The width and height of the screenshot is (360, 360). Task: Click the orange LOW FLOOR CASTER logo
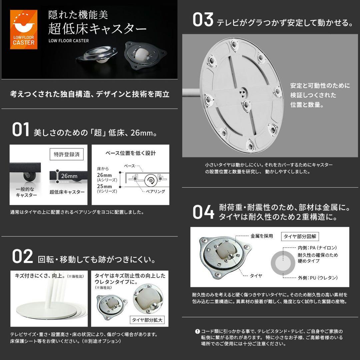24,29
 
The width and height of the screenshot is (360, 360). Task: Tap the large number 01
21,130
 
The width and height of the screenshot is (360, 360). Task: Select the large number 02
22,257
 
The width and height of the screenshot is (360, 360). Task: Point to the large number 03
203,20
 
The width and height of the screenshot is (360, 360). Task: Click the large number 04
203,212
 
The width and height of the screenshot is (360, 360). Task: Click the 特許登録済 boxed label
66,155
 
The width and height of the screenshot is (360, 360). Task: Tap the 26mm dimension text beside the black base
69,176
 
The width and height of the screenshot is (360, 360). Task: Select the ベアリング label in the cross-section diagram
155,191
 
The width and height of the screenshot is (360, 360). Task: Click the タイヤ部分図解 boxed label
300,236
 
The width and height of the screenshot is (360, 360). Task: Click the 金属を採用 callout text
262,236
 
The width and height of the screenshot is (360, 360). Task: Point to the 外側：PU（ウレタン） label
317,278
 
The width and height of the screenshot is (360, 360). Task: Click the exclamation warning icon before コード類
197,331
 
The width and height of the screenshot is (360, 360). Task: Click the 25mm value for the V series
104,186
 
